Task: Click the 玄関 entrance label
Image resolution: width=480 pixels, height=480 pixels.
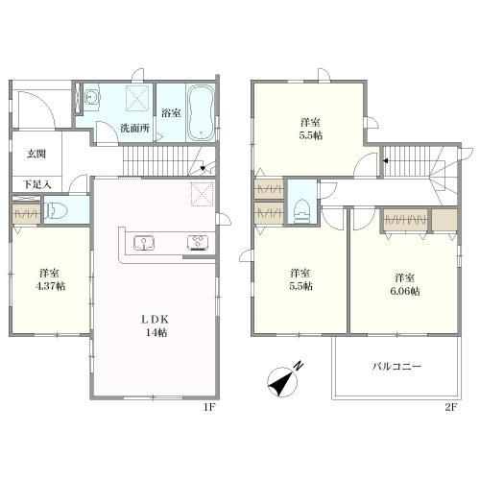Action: pos(36,154)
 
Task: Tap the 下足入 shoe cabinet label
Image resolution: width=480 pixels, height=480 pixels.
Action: pos(37,184)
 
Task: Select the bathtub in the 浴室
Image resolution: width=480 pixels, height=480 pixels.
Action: pos(201,112)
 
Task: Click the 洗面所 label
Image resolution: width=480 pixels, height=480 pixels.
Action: pos(134,129)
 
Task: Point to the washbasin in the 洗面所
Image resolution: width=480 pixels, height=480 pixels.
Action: pos(92,96)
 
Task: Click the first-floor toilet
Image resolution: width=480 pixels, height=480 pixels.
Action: pos(57,210)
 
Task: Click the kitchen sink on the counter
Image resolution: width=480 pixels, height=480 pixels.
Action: pos(144,243)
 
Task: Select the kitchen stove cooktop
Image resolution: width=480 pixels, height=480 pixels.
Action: pos(198,242)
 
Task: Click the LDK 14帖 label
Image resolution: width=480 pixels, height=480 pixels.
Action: pos(156,325)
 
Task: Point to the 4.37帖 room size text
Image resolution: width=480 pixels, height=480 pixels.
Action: pos(50,286)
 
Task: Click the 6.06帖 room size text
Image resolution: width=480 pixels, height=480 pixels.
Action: pos(405,291)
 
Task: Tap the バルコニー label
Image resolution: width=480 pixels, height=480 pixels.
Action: pos(396,367)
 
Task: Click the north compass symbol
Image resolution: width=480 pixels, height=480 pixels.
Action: pos(284,380)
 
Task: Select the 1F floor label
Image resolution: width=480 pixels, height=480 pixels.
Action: pos(209,407)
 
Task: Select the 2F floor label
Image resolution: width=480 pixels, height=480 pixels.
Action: pos(451,407)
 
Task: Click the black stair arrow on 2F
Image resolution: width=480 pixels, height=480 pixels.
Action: pos(386,160)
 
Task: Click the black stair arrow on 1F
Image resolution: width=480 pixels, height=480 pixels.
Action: pos(203,168)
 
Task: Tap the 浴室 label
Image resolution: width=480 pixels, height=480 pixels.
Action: pos(171,113)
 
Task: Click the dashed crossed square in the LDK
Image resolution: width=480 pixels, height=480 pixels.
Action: pos(203,194)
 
